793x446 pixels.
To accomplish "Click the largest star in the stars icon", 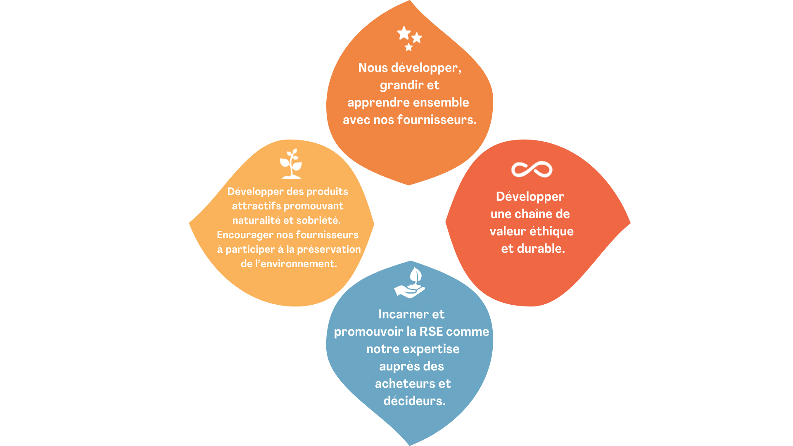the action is [404, 33].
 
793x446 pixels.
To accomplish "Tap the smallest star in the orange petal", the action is [409, 47].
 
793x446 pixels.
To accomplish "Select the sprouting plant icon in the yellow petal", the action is [291, 164].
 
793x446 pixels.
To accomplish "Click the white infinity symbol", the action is [532, 169].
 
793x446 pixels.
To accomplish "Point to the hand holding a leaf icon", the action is [410, 283].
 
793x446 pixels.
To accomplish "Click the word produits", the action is [327, 192].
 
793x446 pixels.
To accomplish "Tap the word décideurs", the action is [415, 401].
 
